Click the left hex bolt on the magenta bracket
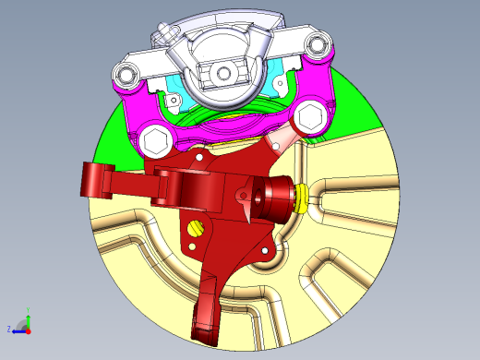coord(155,142)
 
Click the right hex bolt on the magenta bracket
coord(308,117)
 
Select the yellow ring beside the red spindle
coord(301,198)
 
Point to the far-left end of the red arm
coord(88,180)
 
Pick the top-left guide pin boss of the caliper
coord(124,71)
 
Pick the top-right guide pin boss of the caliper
coord(319,44)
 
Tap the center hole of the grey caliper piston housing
coord(222,74)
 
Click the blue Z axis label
coord(9,329)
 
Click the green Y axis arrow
coord(28,320)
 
